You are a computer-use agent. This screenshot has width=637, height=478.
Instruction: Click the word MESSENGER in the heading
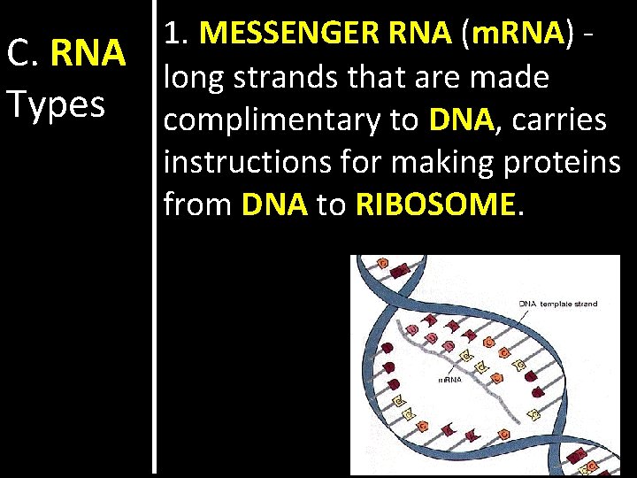point(287,34)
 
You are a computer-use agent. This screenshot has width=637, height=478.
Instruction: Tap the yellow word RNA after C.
point(88,54)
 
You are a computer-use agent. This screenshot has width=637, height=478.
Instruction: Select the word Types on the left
point(55,104)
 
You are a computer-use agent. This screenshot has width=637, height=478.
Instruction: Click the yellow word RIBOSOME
point(434,204)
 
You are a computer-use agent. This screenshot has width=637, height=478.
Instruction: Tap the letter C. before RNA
point(23,54)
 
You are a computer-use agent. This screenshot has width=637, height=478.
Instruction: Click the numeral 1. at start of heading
point(178,34)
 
